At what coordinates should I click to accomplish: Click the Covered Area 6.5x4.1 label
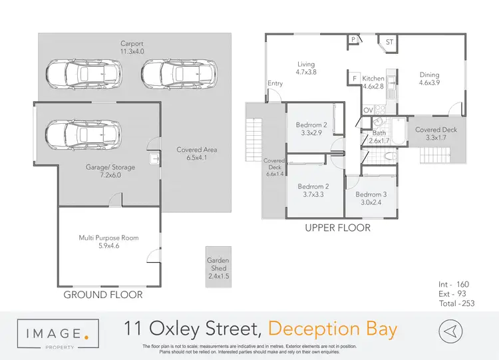point(197,154)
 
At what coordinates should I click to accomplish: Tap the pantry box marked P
point(352,40)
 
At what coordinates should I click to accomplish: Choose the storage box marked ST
point(389,43)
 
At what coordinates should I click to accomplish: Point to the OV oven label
point(368,110)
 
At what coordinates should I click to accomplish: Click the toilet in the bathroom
point(390,156)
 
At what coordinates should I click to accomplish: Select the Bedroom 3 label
point(371,199)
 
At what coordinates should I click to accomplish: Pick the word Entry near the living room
point(275,83)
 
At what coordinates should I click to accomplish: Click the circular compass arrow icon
point(450,331)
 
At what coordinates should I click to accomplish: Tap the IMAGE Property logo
point(59,332)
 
